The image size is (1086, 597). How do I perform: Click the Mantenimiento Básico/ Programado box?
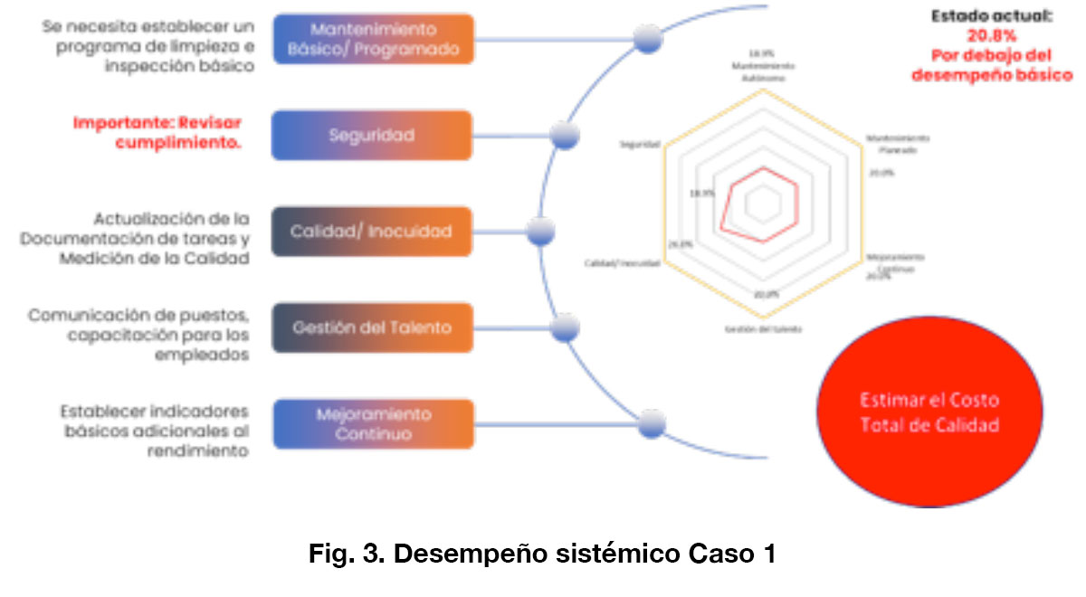click(x=372, y=39)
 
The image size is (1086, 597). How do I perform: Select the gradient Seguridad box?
click(x=372, y=136)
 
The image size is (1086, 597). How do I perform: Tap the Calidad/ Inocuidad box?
click(x=372, y=232)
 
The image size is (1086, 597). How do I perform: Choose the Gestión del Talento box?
click(x=372, y=327)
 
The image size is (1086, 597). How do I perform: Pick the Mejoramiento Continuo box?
click(x=372, y=424)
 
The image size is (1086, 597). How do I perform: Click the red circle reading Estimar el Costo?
click(x=929, y=412)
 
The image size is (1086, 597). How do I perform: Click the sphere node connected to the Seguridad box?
click(x=565, y=136)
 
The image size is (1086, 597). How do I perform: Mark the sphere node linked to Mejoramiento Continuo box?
click(x=651, y=423)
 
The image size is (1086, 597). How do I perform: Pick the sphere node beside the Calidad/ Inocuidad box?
click(x=540, y=231)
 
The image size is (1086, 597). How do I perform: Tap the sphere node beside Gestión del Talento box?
click(x=566, y=327)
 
